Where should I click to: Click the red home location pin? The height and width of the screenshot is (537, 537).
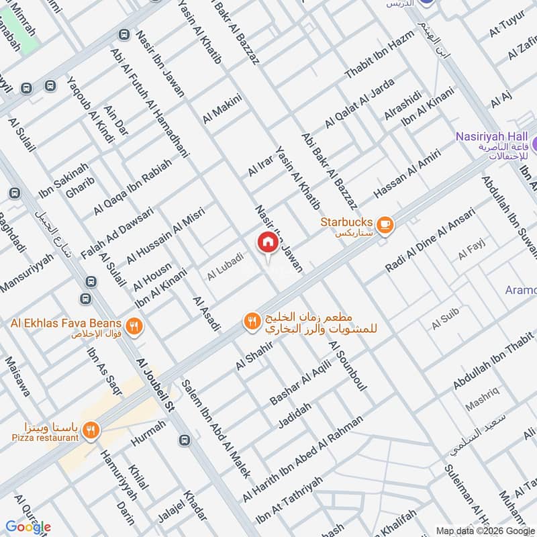tap(267, 242)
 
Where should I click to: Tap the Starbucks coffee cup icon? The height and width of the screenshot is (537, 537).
tap(385, 226)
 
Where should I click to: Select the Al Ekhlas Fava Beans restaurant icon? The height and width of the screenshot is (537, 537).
tap(135, 327)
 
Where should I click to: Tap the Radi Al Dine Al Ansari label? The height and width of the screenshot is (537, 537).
tap(430, 240)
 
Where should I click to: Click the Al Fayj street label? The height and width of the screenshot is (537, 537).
tap(471, 253)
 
